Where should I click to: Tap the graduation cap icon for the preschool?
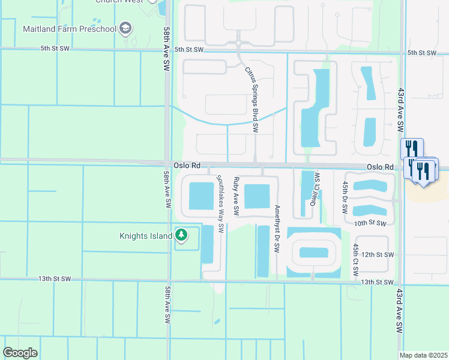125,28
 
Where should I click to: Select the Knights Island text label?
145,236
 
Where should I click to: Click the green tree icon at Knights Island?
180,235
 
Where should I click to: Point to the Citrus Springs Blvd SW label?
252,99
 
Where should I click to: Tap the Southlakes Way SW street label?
220,203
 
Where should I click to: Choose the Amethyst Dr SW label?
277,229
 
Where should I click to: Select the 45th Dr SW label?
345,198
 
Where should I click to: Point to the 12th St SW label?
377,254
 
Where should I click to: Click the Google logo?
20,353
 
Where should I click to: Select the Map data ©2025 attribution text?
423,355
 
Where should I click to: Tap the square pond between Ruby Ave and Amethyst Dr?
258,197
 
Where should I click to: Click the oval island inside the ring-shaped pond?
313,252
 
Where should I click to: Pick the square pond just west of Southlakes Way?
201,196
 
